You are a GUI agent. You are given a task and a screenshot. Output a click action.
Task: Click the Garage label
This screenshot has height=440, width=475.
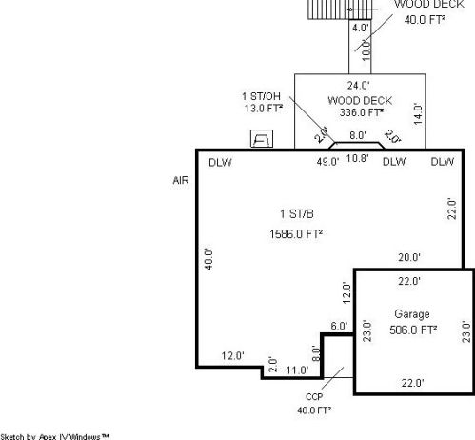(x=412, y=313)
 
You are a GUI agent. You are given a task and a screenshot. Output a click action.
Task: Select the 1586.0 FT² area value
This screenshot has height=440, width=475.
(x=295, y=232)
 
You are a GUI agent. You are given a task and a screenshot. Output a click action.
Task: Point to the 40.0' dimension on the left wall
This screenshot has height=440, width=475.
(x=208, y=259)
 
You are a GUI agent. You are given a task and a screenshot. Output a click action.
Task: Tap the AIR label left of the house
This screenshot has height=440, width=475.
(x=181, y=178)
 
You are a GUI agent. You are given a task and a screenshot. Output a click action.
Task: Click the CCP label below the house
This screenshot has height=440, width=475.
(x=314, y=397)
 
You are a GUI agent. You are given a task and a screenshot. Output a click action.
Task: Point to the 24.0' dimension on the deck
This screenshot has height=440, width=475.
(x=359, y=84)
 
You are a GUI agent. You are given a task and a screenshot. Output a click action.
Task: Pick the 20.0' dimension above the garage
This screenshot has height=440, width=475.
(x=409, y=257)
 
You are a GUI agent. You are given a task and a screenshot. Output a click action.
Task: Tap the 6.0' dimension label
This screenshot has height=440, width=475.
(x=339, y=327)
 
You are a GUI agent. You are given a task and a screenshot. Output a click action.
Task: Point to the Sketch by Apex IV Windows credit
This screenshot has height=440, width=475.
(x=55, y=436)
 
